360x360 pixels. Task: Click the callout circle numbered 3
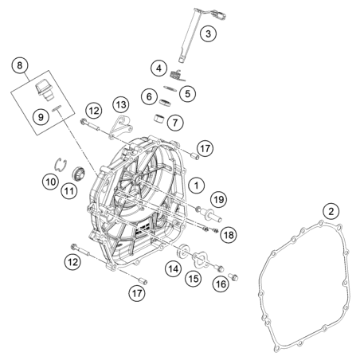tap(208, 33)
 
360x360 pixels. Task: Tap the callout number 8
tap(20, 65)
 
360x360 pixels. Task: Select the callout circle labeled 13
tap(121, 104)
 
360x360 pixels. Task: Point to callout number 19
tap(219, 199)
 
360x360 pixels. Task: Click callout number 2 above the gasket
tap(331, 212)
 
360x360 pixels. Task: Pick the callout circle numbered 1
tap(197, 186)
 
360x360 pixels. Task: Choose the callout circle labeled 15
tap(194, 279)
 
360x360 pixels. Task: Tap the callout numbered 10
tap(51, 182)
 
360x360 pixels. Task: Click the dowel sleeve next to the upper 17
tap(195, 155)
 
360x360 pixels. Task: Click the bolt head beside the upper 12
tap(83, 122)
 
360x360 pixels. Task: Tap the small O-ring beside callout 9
tap(57, 108)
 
